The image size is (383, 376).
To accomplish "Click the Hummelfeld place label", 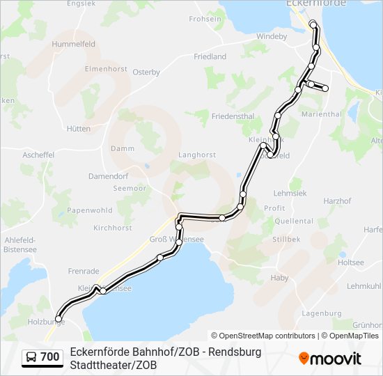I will pos(73,43).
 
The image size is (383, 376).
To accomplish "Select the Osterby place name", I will pos(146,72).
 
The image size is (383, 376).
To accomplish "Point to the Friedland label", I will pos(210,56).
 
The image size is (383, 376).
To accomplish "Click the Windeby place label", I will pos(272,36).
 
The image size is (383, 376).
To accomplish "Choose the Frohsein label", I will pos(205,19).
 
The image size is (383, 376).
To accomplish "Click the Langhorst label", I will pos(197,155).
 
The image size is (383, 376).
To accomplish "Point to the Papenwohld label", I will pos(91,210).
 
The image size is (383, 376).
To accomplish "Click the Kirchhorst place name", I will pos(112,228).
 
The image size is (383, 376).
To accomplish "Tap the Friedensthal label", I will pos(233,118).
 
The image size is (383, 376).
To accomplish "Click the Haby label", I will pos(279,278).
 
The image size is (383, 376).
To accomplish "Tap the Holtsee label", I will pos(351,263).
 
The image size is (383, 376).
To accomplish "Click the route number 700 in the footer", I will pos(49,357).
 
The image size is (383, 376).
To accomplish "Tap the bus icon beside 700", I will pos(31,357).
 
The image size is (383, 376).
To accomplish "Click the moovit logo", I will pos(330,359).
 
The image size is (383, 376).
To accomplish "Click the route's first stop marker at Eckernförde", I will pos(313,24).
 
